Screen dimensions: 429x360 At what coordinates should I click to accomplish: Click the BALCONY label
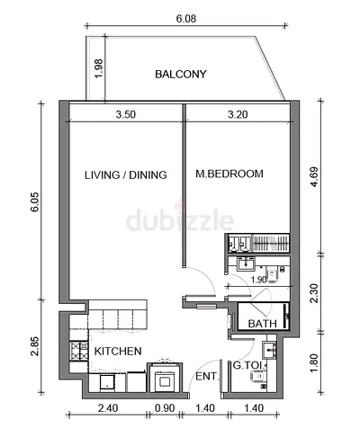pyautogui.click(x=181, y=74)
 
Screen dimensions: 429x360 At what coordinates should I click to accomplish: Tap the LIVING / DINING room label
pyautogui.click(x=126, y=175)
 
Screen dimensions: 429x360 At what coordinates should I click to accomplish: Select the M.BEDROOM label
pyautogui.click(x=229, y=174)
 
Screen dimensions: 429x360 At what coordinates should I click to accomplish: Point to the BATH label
pyautogui.click(x=262, y=324)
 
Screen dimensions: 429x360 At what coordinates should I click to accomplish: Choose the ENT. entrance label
pyautogui.click(x=205, y=376)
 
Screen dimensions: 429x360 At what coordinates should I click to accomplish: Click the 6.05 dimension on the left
pyautogui.click(x=34, y=201)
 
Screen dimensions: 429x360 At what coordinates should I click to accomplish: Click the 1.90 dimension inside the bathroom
pyautogui.click(x=258, y=281)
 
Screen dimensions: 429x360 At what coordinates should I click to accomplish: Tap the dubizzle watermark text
pyautogui.click(x=180, y=220)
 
